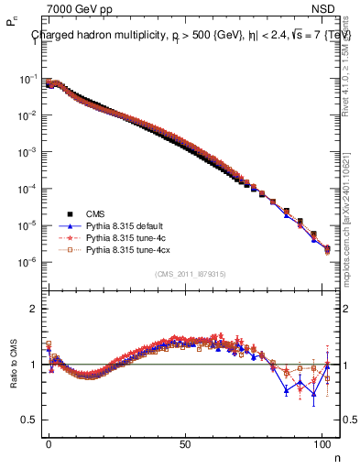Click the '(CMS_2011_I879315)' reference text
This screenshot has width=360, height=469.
tap(190, 274)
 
